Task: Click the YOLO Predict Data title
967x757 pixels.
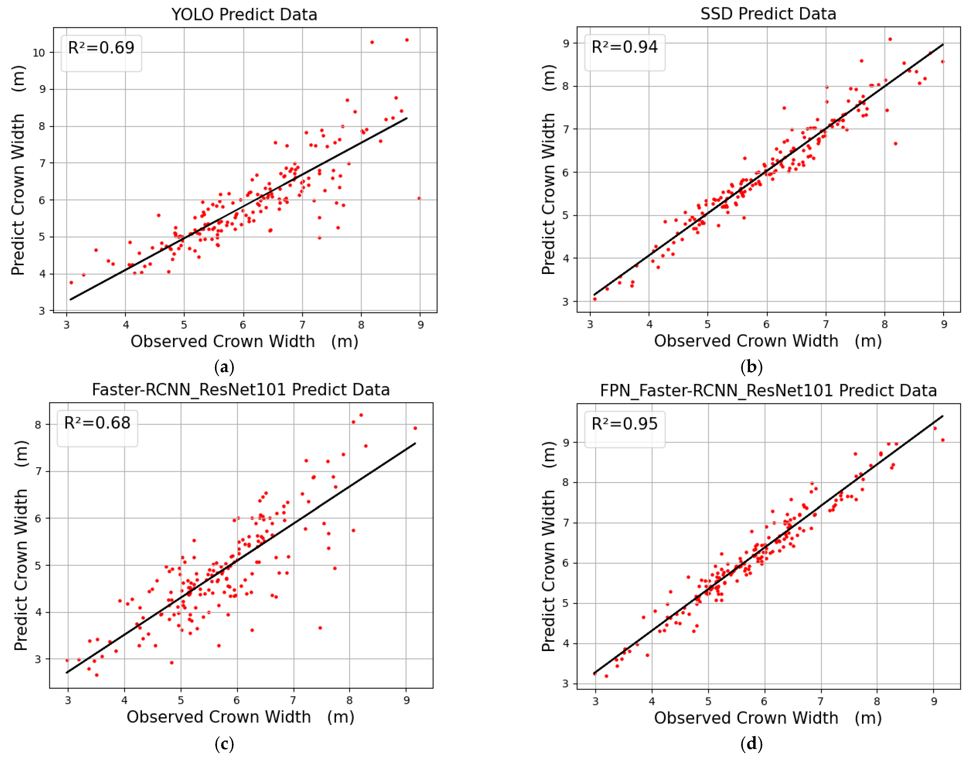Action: [x=244, y=15]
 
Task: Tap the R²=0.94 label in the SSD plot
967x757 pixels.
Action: [x=625, y=47]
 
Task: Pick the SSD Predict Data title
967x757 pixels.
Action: [x=768, y=14]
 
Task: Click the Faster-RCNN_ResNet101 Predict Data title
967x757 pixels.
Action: [x=241, y=390]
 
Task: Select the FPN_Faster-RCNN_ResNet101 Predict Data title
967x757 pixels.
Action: [x=768, y=390]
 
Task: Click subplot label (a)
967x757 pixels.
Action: [x=224, y=367]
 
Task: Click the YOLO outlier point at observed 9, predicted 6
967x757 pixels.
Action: [x=419, y=198]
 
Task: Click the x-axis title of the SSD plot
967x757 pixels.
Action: [x=768, y=341]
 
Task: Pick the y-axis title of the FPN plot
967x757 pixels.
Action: [x=548, y=546]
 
